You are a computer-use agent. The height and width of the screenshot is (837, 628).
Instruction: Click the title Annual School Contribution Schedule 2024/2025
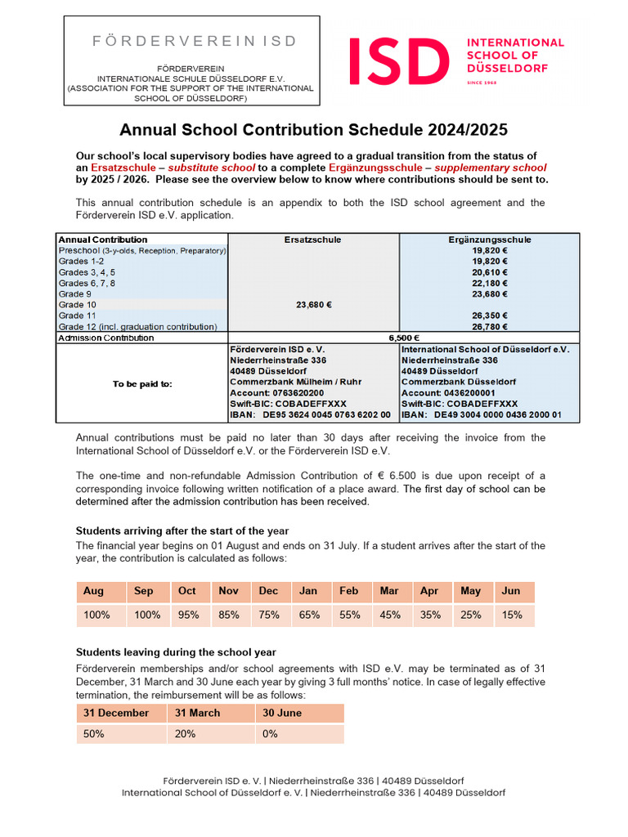click(x=314, y=130)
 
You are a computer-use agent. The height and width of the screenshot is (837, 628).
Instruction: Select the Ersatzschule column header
click(x=312, y=239)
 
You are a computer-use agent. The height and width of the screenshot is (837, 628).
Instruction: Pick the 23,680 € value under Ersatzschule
click(x=312, y=305)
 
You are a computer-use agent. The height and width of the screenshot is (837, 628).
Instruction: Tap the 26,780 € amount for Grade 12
click(x=490, y=326)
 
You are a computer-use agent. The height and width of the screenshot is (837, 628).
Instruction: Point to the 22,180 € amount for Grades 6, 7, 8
click(x=490, y=283)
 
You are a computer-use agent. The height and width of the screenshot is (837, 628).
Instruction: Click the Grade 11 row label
click(x=78, y=316)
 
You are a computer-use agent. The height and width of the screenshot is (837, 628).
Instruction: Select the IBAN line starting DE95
click(x=310, y=415)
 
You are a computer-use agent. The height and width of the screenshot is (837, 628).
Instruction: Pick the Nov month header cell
click(x=229, y=591)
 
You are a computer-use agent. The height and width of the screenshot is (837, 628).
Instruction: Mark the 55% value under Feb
click(x=349, y=615)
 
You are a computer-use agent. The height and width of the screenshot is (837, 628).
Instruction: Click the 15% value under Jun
click(x=512, y=615)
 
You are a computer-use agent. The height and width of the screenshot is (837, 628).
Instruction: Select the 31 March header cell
click(x=197, y=713)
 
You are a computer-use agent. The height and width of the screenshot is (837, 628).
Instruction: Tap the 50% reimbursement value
click(x=94, y=734)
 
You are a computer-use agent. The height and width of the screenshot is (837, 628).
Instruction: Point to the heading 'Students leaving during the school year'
click(x=176, y=652)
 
